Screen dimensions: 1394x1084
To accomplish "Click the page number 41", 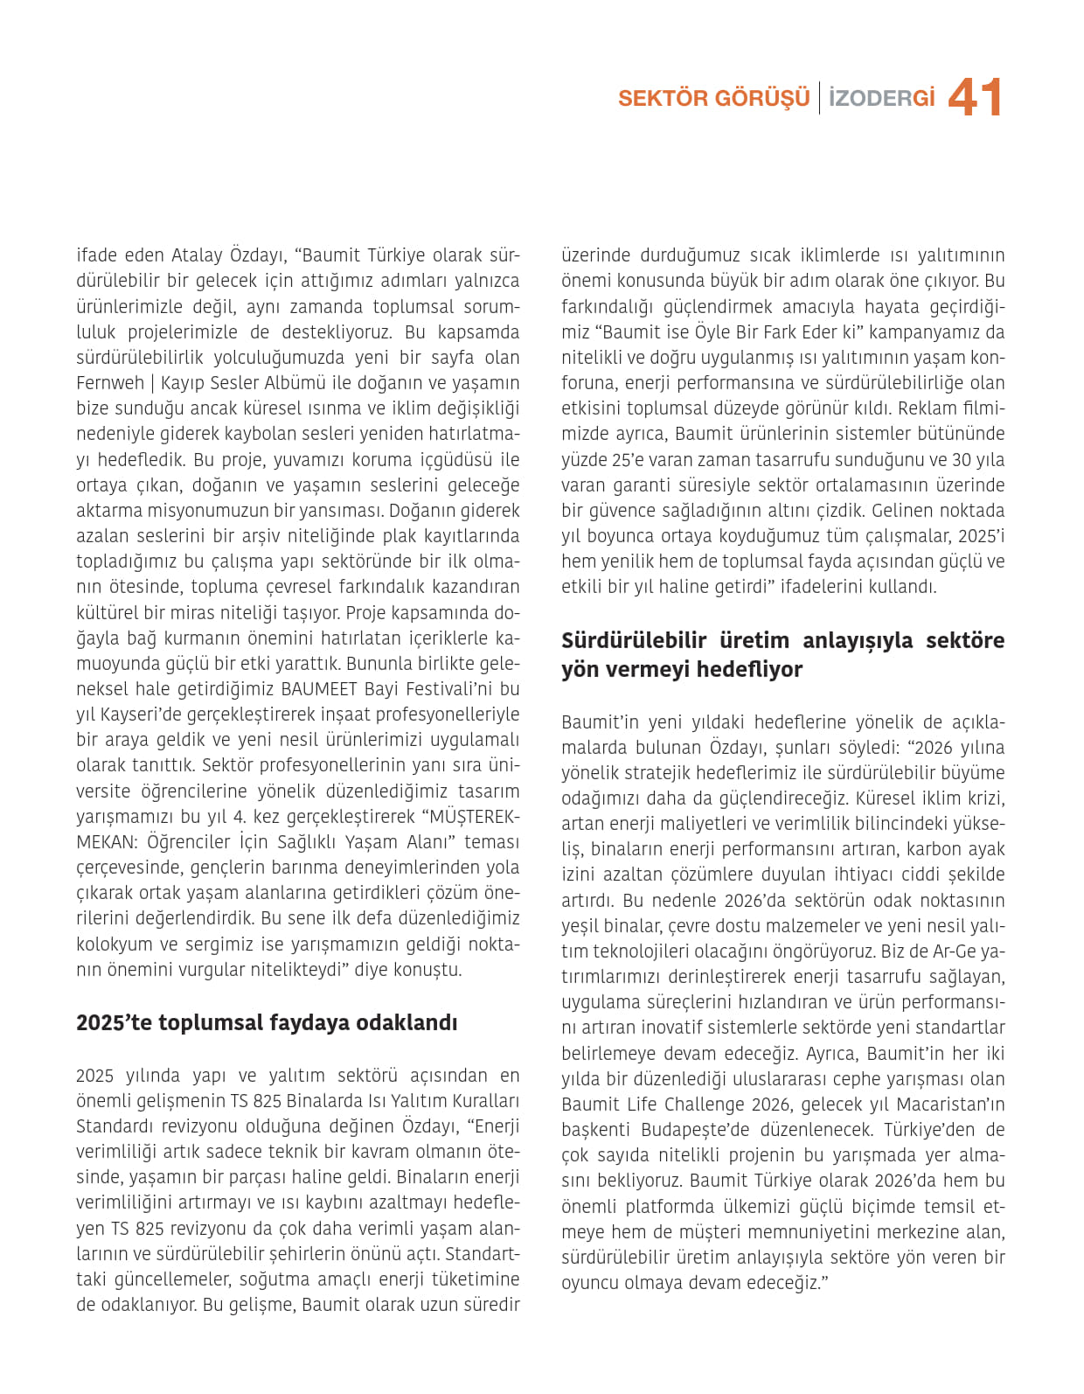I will [x=975, y=97].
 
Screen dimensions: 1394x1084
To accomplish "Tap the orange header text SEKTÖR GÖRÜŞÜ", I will [x=713, y=98].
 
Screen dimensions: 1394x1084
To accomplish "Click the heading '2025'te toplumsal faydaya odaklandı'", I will [x=267, y=1022].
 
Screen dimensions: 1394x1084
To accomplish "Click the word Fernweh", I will [x=110, y=383].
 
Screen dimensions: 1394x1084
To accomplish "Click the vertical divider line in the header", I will [x=819, y=98].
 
